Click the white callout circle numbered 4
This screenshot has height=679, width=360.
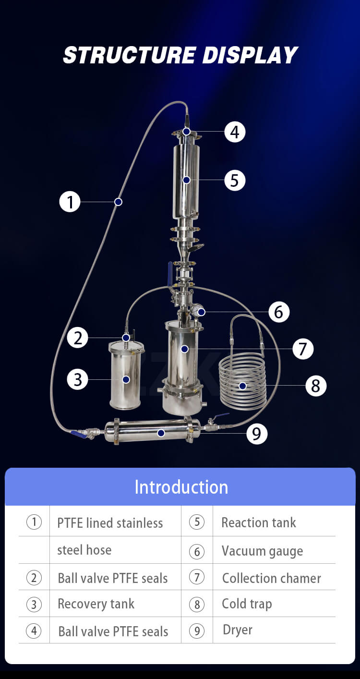[235, 132]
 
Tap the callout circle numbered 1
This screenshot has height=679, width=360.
[70, 202]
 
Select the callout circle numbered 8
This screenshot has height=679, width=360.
[315, 385]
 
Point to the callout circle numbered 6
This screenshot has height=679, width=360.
[279, 312]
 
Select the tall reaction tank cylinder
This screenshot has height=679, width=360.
[186, 182]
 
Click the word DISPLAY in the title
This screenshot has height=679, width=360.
[250, 56]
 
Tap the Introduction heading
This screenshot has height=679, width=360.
[181, 487]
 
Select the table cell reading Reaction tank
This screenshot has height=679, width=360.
[259, 522]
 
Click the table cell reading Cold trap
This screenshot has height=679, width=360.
[247, 604]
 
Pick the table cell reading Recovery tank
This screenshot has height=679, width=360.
[96, 604]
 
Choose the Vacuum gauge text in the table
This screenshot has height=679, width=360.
[262, 551]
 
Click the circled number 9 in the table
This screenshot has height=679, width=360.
[197, 630]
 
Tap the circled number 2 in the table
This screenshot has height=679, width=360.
[34, 578]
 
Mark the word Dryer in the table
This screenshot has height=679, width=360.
[238, 630]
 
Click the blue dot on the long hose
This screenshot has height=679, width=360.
[119, 202]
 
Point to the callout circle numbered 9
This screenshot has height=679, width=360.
[256, 434]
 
